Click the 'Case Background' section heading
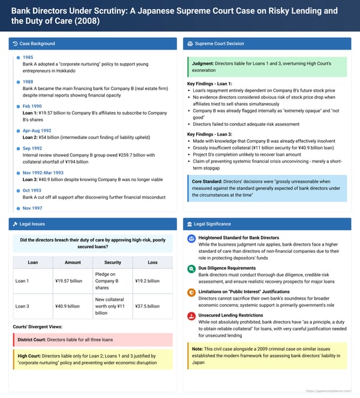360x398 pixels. click(37, 44)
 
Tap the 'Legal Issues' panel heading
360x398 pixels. click(32, 224)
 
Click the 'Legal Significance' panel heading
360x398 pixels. click(215, 224)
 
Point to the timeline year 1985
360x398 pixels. click(28, 57)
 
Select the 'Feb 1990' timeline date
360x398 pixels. click(33, 106)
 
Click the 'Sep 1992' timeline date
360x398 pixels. click(33, 148)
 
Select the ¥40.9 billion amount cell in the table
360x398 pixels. click(67, 306)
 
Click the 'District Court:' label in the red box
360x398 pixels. click(32, 340)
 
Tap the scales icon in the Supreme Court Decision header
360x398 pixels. click(190, 44)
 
